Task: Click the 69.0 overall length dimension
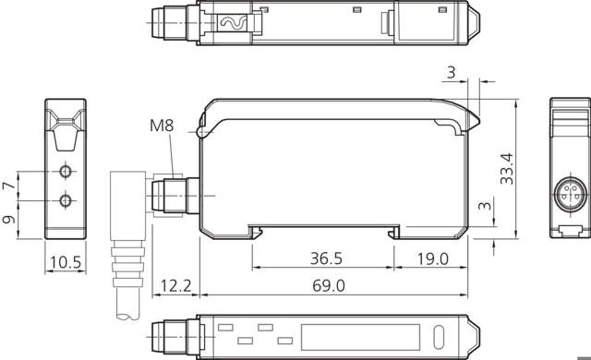tap(329, 286)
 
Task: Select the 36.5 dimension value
tap(326, 258)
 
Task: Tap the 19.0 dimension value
tap(433, 258)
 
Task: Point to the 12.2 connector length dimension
tap(176, 286)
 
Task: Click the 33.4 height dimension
tap(507, 169)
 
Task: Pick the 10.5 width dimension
tap(66, 262)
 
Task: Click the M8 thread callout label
tap(162, 126)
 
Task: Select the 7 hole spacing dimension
tap(9, 186)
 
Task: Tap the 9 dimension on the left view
tap(9, 219)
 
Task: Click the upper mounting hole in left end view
tap(66, 172)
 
